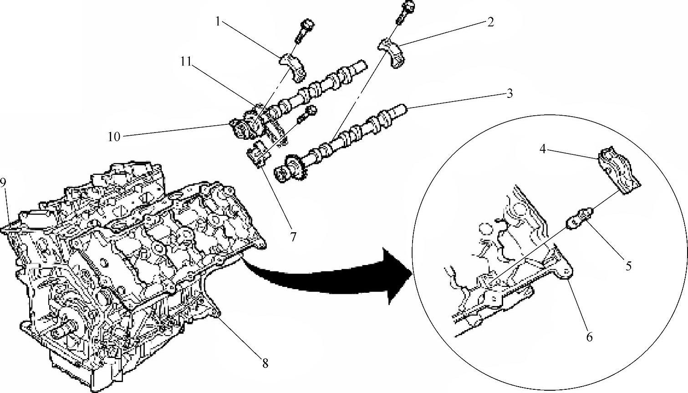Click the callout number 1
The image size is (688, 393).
(x=218, y=22)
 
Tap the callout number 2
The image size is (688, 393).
(x=490, y=22)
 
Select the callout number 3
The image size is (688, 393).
(x=510, y=93)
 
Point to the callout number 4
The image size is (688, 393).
(x=543, y=149)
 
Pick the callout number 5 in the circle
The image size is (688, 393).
(x=628, y=265)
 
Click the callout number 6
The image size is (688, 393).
(x=589, y=337)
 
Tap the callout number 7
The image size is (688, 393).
(x=293, y=237)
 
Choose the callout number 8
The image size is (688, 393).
(x=265, y=363)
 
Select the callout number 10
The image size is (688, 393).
(x=114, y=137)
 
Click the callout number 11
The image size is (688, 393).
(x=186, y=62)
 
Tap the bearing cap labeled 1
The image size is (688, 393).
(x=293, y=67)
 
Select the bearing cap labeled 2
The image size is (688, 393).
(x=391, y=53)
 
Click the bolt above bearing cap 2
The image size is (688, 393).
(x=405, y=12)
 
